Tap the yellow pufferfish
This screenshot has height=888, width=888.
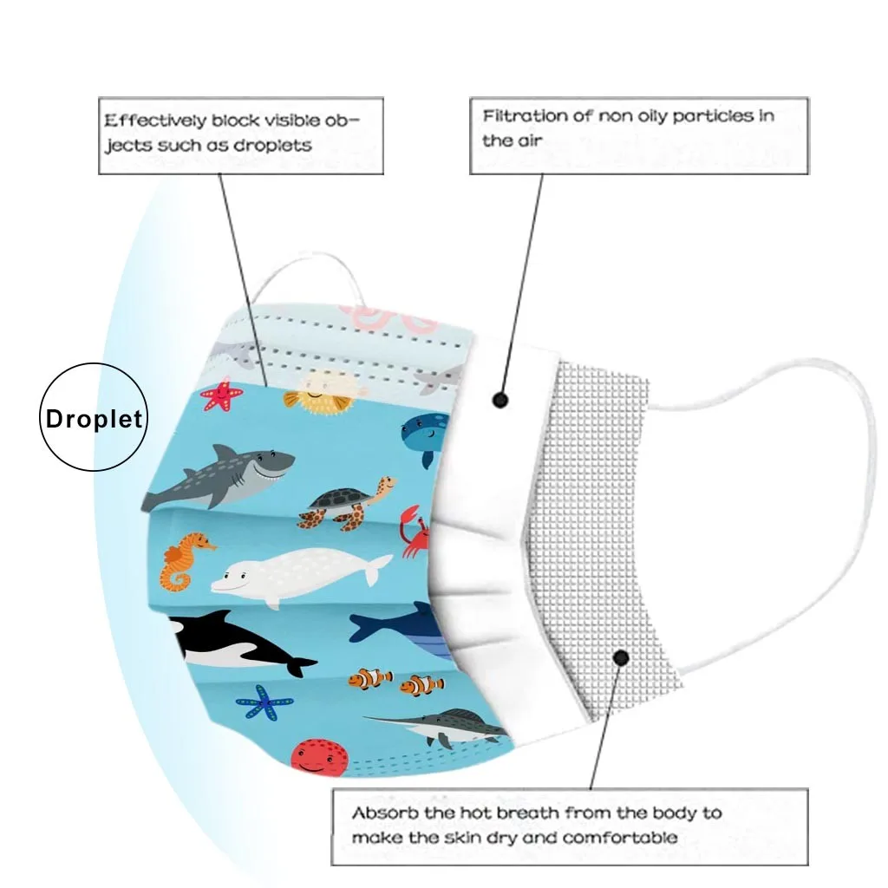coord(316,392)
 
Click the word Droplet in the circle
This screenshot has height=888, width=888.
coord(94,420)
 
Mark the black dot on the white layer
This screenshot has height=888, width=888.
coord(499,400)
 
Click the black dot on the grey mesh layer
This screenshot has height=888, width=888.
coord(621,657)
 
